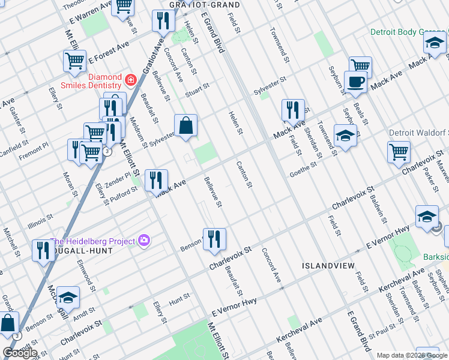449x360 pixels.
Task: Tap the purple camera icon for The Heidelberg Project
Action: pos(143,241)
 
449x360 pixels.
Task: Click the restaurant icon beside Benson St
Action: pos(214,238)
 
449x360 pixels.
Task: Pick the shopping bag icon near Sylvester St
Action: pos(186,125)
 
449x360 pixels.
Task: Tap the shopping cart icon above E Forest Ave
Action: pos(74,60)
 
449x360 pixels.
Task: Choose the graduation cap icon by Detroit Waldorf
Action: pos(345,135)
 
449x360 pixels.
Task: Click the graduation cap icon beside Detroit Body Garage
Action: pos(434,42)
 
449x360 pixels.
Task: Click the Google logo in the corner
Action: pos(20,353)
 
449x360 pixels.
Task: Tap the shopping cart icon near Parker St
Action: pos(399,152)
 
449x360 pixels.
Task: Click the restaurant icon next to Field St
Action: pos(293,110)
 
